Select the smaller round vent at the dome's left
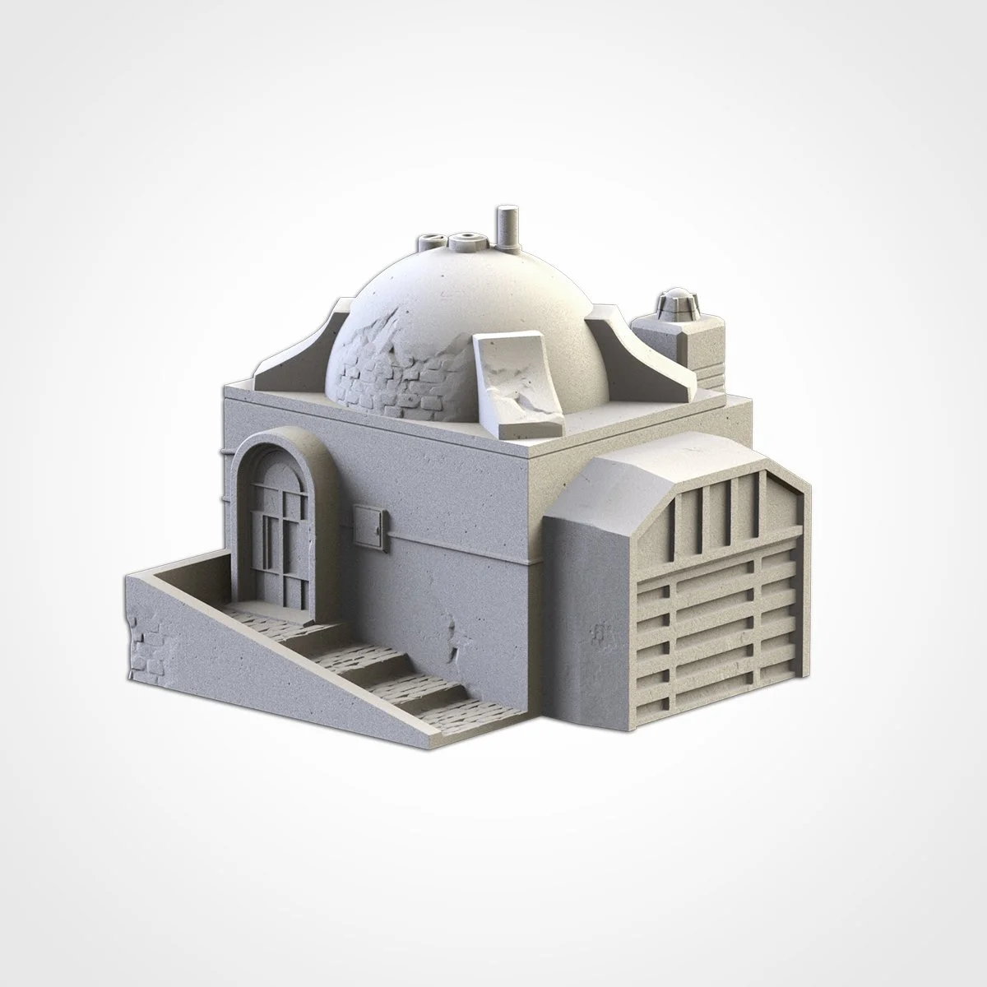click(x=431, y=243)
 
